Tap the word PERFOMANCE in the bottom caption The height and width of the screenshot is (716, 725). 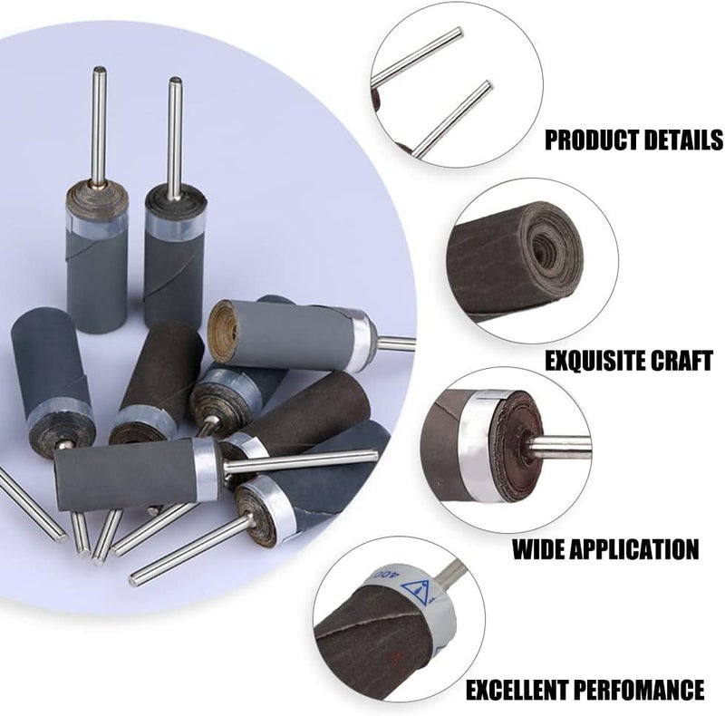coord(643,689)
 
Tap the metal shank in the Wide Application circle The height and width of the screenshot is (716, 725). coord(558,446)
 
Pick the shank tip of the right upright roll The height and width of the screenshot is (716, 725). coord(175,82)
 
